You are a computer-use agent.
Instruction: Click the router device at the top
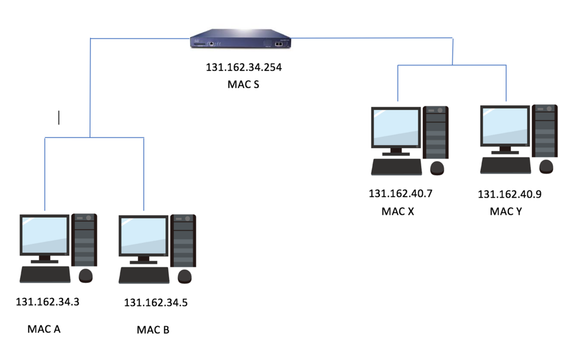pos(240,39)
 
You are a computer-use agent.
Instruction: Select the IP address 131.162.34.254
pos(244,68)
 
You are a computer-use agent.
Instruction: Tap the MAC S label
pos(244,84)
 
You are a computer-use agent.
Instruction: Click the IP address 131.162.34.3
pos(47,302)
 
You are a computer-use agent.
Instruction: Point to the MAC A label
pos(44,329)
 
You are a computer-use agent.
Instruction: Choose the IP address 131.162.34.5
pos(156,303)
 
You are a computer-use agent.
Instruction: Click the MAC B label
pos(153,330)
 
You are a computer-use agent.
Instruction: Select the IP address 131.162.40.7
pos(401,194)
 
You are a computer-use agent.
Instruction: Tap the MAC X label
pos(398,212)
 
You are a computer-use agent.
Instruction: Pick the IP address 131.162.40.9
pos(509,194)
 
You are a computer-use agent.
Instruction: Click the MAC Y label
pos(506,212)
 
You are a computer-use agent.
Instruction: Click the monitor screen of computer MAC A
pos(45,234)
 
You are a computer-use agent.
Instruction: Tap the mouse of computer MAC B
pos(184,277)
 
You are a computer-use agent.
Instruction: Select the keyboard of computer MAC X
pos(397,167)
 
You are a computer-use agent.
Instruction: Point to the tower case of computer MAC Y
pos(545,131)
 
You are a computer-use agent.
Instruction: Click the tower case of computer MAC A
pos(84,240)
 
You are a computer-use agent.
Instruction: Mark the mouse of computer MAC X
pos(437,169)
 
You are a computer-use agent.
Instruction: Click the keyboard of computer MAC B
pos(144,276)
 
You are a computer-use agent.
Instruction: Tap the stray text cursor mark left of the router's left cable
pos(59,118)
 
